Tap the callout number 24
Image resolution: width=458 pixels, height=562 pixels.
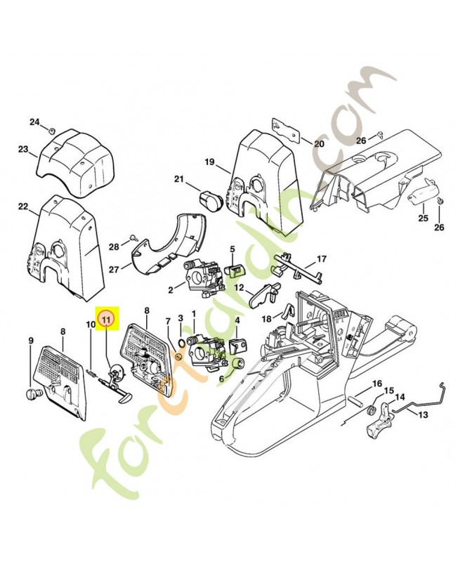pos(34,122)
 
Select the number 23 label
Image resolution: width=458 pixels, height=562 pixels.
pos(23,149)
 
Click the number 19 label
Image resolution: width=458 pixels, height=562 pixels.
pos(209,162)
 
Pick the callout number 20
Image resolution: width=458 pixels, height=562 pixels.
pos(318,144)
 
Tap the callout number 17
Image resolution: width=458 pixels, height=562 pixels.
pos(321,259)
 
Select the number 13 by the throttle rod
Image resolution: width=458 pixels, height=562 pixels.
pos(423,414)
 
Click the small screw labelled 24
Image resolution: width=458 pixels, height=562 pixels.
pos(52,130)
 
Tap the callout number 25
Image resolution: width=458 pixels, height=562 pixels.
pos(423,218)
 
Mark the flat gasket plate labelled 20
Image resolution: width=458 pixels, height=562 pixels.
pos(285,129)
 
